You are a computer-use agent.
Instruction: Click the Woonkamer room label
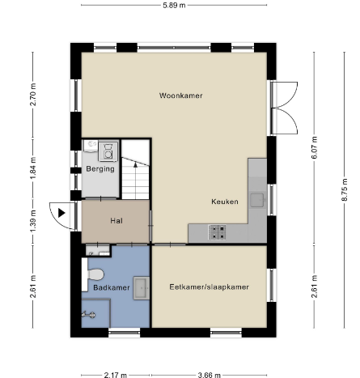click(180, 96)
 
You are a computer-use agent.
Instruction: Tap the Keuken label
click(225, 202)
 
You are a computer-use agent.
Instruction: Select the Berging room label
click(100, 169)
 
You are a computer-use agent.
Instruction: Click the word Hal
click(116, 221)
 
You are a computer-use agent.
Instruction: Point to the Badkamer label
click(112, 287)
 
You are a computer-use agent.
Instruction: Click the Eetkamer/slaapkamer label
click(209, 287)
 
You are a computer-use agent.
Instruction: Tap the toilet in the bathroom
click(93, 274)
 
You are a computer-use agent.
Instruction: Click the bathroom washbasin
click(142, 288)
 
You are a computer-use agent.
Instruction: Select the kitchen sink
click(257, 200)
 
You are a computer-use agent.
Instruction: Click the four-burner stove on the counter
click(217, 232)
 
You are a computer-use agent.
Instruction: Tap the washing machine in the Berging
click(108, 151)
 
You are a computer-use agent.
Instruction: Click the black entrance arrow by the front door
click(61, 213)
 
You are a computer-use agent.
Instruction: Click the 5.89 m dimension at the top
click(174, 5)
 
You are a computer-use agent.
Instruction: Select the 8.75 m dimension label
click(345, 189)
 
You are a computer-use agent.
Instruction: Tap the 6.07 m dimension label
click(315, 147)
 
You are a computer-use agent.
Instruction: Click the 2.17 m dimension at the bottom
click(116, 375)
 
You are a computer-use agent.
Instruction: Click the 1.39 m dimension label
click(33, 221)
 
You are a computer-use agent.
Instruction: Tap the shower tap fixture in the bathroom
click(89, 315)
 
